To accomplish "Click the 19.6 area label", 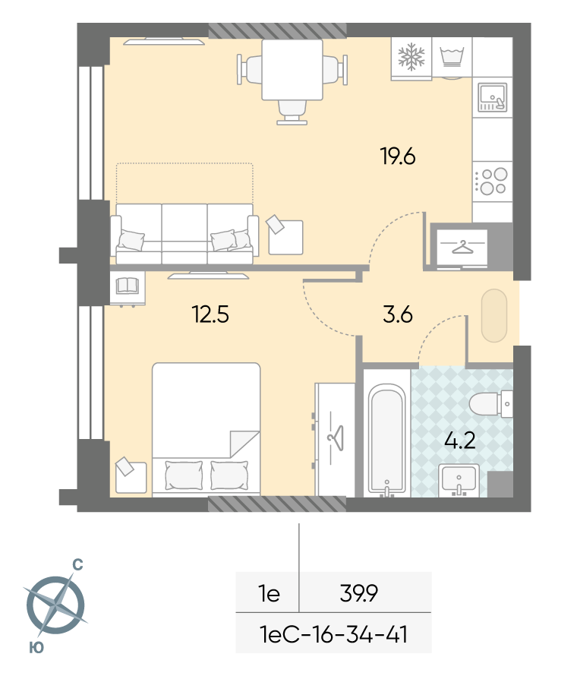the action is (398, 156).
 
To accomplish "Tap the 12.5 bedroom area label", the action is (210, 314).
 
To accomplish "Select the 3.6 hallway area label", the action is (398, 314).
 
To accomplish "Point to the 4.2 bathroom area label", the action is (460, 441).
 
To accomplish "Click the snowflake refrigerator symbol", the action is (411, 56).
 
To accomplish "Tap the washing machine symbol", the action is (452, 57).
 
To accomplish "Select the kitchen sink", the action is (492, 97).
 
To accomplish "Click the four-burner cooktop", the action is (492, 181).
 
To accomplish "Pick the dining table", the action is (292, 70).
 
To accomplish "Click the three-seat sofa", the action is (184, 234).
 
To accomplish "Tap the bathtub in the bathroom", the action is (386, 439).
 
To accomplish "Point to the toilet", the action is (490, 404).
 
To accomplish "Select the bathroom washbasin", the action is (459, 480).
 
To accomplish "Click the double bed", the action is (206, 430).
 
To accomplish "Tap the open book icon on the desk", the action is (127, 286).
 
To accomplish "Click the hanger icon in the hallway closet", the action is (462, 248).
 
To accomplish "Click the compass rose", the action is (56, 605).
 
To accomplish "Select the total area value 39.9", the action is (358, 593).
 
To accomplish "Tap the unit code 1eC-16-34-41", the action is (333, 634).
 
